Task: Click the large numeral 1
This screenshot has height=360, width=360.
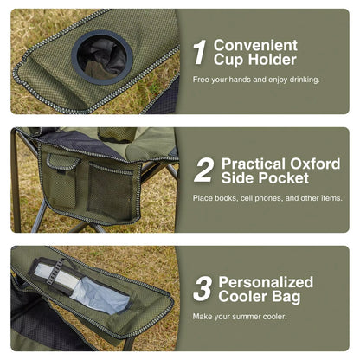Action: tap(199, 52)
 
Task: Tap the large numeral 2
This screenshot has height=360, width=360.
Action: tap(203, 170)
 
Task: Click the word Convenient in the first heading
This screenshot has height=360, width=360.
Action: tap(255, 45)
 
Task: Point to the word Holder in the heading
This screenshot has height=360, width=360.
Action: tap(269, 60)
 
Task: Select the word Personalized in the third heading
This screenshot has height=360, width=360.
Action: tap(266, 282)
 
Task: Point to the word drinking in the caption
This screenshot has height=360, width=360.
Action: tap(299, 80)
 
